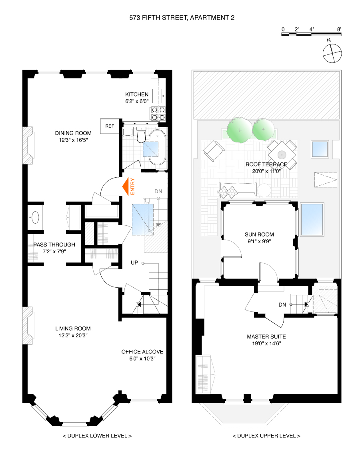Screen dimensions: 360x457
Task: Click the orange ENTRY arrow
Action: [x=127, y=186]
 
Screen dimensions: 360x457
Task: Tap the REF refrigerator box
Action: [x=110, y=126]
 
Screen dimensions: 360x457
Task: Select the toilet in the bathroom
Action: [x=140, y=137]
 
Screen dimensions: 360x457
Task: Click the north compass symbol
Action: [x=332, y=53]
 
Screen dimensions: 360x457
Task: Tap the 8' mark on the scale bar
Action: [x=339, y=30]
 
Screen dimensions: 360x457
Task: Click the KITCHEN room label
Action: [x=137, y=94]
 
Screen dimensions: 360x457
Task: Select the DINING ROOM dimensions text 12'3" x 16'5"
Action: [x=73, y=140]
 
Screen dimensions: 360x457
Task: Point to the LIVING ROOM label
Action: [x=73, y=329]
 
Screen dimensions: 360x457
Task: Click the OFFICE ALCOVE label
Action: [x=142, y=352]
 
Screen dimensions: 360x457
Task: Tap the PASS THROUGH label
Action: [x=54, y=245]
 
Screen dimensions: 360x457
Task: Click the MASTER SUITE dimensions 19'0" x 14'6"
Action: [x=266, y=343]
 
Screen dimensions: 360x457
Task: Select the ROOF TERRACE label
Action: [x=266, y=164]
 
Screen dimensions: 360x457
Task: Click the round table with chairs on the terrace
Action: [x=282, y=153]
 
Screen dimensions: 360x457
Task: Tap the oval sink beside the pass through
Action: [x=35, y=218]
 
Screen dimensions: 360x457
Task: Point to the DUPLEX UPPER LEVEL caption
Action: [x=266, y=436]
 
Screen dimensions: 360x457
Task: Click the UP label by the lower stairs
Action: [x=134, y=263]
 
